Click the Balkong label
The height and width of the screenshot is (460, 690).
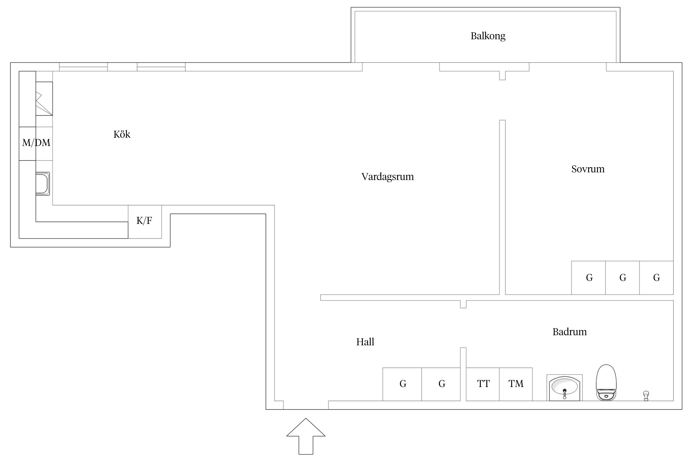[x=488, y=36]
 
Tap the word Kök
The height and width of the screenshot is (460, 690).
[x=122, y=134]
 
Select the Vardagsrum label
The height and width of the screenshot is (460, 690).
[x=388, y=177]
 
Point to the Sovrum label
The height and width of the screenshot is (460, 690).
[x=588, y=169]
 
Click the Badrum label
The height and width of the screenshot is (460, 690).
[x=569, y=332]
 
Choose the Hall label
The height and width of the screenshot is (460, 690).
[x=365, y=342]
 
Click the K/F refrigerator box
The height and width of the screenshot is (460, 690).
[x=145, y=222]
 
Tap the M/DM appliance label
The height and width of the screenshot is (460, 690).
[x=36, y=143]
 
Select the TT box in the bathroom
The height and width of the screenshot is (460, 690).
[x=483, y=384]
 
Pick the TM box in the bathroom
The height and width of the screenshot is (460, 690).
[x=516, y=384]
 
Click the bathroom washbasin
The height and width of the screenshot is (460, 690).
[x=565, y=388]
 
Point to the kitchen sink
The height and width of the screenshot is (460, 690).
[x=43, y=184]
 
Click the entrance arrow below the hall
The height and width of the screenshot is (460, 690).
[x=306, y=436]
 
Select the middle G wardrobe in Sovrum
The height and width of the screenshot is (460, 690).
[x=623, y=278]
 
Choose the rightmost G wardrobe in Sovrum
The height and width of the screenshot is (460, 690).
[x=657, y=278]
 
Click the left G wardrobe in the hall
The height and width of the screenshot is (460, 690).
[x=402, y=384]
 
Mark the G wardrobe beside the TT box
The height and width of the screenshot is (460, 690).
[x=441, y=384]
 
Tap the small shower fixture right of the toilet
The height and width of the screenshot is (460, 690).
[x=646, y=396]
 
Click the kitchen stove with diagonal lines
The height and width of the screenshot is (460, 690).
[x=44, y=99]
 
